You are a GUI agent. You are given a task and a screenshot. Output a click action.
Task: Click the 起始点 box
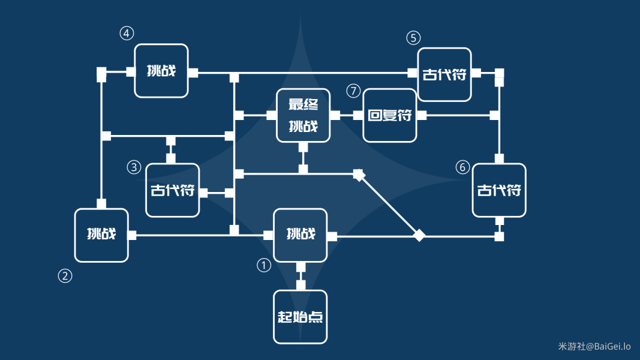click(301, 317)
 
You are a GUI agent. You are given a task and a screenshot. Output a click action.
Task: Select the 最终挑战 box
click(304, 115)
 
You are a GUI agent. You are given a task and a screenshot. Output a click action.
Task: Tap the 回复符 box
click(390, 115)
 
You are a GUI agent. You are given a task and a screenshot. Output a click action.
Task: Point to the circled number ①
click(264, 265)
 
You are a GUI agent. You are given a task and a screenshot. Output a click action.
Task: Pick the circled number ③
click(134, 167)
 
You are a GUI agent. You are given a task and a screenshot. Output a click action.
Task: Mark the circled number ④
click(127, 34)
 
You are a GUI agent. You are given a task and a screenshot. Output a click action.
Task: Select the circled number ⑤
click(413, 38)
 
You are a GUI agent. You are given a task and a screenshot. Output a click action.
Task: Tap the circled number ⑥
click(462, 167)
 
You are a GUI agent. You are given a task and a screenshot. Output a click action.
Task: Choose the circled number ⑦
click(354, 91)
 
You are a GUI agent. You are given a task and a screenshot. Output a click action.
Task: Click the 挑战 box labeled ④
click(161, 71)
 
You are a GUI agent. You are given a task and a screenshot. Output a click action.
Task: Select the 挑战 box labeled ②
click(101, 235)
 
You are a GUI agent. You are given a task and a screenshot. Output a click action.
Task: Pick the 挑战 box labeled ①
click(301, 235)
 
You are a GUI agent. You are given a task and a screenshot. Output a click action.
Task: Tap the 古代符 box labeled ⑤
click(444, 74)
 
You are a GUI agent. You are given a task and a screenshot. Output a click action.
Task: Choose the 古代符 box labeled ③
click(172, 190)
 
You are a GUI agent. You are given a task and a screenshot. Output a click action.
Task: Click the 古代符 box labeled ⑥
click(499, 190)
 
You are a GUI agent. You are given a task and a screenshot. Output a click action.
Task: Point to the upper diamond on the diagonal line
click(359, 175)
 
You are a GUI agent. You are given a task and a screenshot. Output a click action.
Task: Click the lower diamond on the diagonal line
click(419, 236)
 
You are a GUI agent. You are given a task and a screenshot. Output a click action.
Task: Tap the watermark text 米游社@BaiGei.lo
click(594, 347)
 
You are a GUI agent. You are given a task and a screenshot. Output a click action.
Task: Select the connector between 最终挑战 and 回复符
click(347, 115)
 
